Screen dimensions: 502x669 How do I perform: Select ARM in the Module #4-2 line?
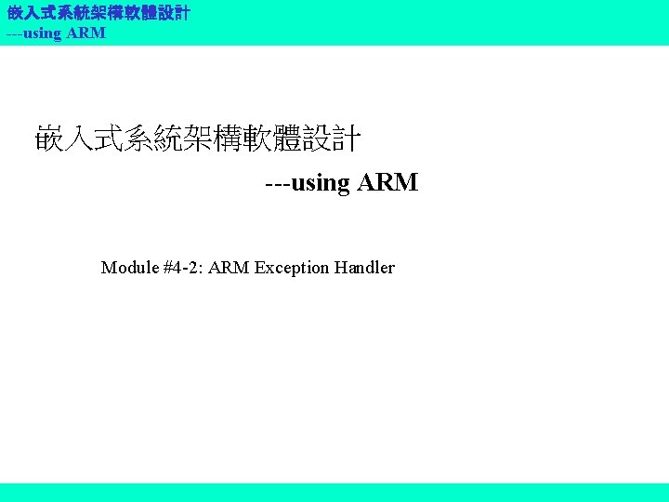click(230, 268)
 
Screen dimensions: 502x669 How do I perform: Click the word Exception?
click(292, 268)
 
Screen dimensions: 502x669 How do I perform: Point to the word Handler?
click(364, 268)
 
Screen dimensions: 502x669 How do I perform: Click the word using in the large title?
click(321, 182)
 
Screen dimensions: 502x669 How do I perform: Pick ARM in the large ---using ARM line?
click(387, 182)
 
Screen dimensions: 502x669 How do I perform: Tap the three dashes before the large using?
click(277, 182)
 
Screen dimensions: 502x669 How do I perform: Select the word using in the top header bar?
click(43, 33)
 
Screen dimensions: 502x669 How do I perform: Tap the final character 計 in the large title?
click(346, 139)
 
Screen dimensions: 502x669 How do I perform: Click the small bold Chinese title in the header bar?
click(98, 14)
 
